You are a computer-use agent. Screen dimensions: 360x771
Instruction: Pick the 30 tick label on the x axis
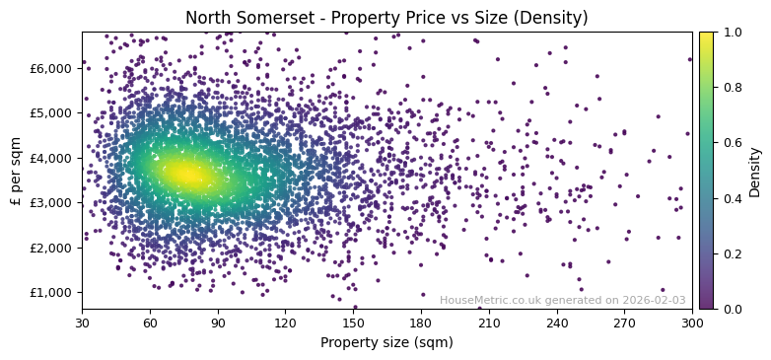pos(82,324)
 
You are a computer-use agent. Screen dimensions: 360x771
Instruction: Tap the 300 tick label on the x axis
pos(692,324)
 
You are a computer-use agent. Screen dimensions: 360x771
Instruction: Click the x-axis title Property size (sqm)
pos(386,342)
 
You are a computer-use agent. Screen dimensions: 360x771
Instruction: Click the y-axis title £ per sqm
pos(16,171)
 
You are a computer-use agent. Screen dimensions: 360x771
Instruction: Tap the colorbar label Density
pos(755,171)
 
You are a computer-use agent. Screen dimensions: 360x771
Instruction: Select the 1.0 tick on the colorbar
pos(728,32)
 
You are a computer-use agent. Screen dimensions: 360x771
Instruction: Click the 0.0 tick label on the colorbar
pos(728,309)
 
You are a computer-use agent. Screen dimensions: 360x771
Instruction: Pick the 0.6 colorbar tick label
pos(728,143)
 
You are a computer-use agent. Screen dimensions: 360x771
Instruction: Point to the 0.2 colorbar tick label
pos(728,253)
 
